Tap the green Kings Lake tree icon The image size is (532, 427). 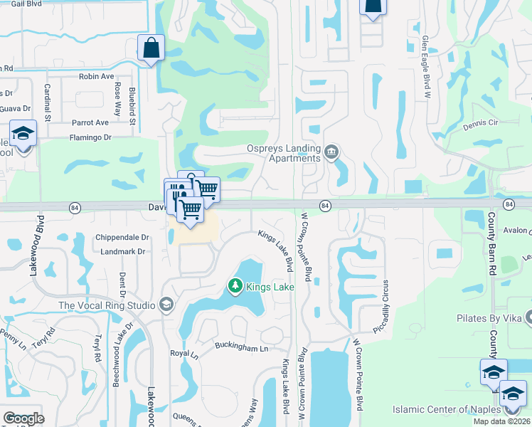click(235, 286)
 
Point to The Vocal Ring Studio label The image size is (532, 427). click(107, 305)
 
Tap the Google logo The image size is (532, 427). click(23, 418)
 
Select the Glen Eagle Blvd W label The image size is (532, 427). click(426, 60)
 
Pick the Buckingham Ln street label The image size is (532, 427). click(242, 347)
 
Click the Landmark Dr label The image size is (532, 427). click(122, 251)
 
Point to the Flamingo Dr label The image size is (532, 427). click(92, 138)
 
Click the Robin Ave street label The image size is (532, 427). click(97, 76)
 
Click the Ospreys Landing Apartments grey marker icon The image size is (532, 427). click(331, 152)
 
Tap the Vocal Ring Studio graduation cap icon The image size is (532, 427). click(166, 305)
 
